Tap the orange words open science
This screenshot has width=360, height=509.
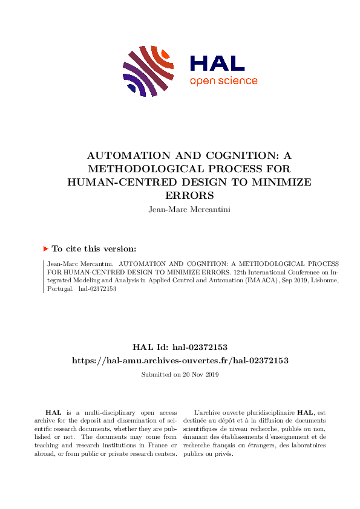(223, 82)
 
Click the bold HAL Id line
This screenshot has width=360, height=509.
(180, 347)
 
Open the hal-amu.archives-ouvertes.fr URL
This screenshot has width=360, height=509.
(180, 360)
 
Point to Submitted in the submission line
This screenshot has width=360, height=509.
(155, 375)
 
